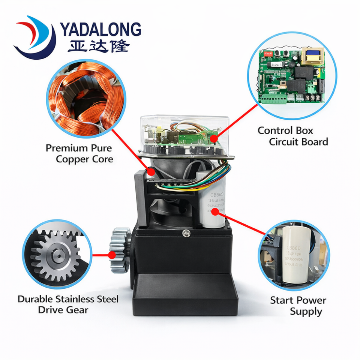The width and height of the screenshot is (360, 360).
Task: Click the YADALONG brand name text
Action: coord(100,29)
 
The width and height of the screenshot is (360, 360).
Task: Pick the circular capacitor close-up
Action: coord(294,255)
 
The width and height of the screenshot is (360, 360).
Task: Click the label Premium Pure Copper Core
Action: coord(79,153)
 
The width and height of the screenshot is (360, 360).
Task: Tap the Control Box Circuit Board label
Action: coord(292,136)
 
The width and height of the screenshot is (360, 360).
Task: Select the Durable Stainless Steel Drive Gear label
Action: coord(68,304)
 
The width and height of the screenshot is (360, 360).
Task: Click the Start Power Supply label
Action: coord(298,306)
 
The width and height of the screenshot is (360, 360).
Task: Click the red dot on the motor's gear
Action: coord(112,255)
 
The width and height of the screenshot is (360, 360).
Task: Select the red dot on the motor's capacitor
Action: coord(214,212)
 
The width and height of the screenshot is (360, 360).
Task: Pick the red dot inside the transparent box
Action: coord(213,139)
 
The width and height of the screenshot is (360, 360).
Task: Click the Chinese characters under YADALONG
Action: coord(99,46)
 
